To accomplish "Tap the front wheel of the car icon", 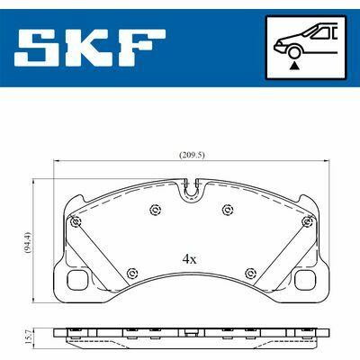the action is [x=294, y=51].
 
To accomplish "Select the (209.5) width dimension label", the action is [x=192, y=155].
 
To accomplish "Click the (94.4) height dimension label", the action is [x=28, y=242].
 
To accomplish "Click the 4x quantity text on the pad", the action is [x=189, y=259].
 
